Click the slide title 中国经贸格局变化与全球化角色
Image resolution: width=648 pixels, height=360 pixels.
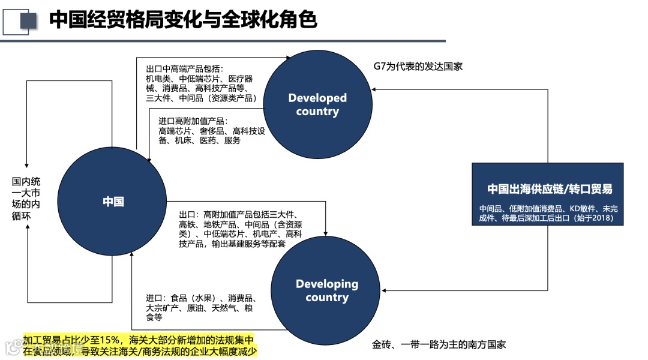point(182,20)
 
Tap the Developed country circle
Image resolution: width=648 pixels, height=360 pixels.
point(317,104)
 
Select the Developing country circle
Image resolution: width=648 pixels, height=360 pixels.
point(326,290)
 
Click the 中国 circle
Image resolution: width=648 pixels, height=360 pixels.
point(112,202)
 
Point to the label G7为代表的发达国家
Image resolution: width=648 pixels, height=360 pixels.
point(418,66)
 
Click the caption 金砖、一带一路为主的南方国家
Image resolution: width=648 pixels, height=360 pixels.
point(439,344)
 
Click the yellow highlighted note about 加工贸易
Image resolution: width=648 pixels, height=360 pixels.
point(139,346)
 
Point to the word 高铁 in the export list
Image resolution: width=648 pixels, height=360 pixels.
point(188,224)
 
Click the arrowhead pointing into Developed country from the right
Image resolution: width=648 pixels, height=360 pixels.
point(373,89)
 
